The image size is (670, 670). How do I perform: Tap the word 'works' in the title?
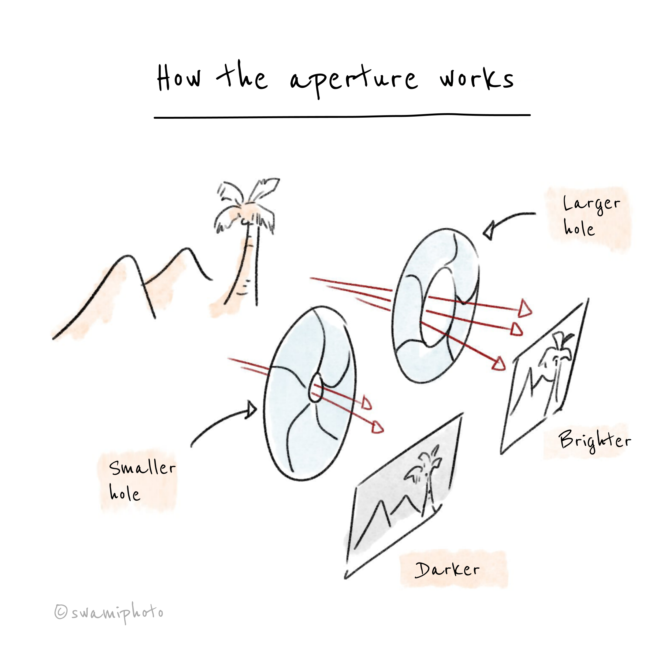(x=477, y=79)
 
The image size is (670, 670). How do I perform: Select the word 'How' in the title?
(x=178, y=78)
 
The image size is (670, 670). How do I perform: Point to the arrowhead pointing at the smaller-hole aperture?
(x=252, y=410)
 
